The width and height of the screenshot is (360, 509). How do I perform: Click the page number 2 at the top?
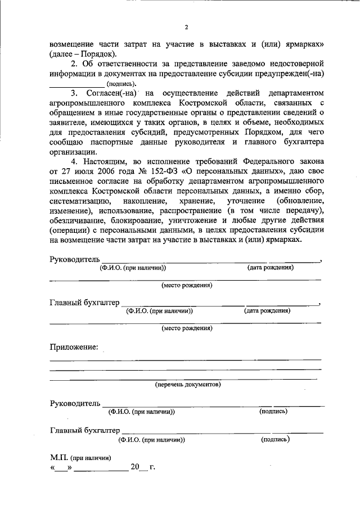(x=185, y=27)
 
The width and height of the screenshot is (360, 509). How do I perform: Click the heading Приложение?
(x=74, y=347)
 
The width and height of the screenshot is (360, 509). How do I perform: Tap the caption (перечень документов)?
(x=188, y=385)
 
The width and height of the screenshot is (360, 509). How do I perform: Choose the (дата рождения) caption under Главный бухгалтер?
(x=267, y=310)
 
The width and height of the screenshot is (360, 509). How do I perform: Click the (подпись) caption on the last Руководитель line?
(x=273, y=411)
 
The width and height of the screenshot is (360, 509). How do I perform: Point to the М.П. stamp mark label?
(x=58, y=457)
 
